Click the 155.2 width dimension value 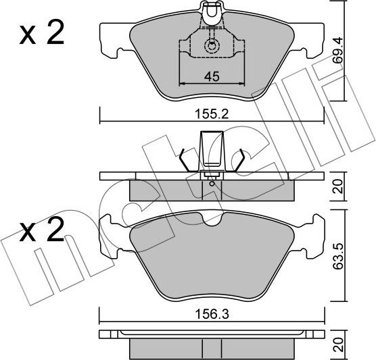(212, 115)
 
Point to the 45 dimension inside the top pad (212, 76)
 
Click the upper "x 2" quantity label (41, 34)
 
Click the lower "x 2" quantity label (41, 233)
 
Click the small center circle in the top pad (212, 47)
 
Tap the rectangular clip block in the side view (212, 151)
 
